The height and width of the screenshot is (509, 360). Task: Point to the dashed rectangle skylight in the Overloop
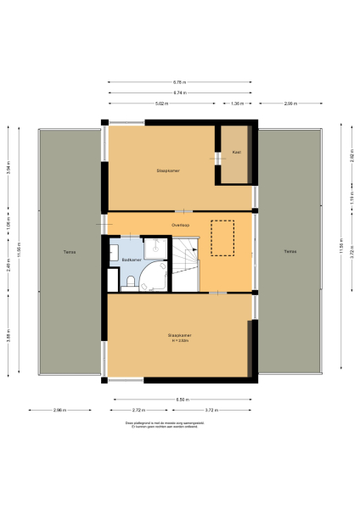click(222, 238)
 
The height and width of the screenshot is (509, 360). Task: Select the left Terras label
click(67, 252)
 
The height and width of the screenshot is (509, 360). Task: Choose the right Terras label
click(290, 251)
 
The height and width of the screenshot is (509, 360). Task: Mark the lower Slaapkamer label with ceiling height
click(179, 338)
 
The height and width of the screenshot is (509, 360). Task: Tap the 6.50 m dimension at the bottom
click(180, 398)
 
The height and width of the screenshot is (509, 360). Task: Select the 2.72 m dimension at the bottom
click(139, 410)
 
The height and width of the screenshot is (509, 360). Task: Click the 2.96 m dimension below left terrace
click(59, 410)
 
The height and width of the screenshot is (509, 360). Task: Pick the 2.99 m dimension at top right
click(290, 103)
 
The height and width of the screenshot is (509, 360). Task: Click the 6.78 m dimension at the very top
click(179, 81)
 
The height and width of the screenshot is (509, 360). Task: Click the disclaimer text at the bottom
click(179, 423)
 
